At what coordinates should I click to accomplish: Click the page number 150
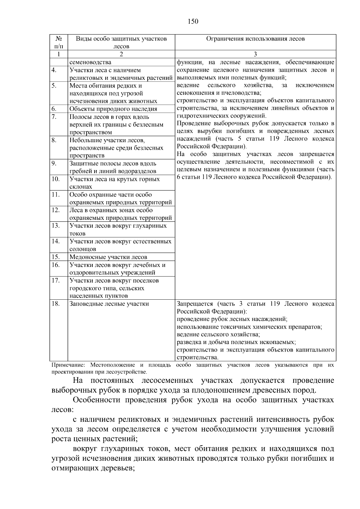pos(193,21)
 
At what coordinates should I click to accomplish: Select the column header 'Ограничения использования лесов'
pos(255,39)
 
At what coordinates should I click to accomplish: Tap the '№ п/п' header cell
pos(59,42)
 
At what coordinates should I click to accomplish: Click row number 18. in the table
pos(56,304)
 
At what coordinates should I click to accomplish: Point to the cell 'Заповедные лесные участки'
pos(109,304)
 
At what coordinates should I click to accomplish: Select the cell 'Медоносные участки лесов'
pos(108,257)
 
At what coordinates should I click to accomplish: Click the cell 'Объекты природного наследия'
pos(113,109)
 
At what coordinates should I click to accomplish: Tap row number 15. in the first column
pos(56,257)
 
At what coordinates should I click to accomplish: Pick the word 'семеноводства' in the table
pos(90,62)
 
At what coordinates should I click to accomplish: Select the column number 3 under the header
pos(255,54)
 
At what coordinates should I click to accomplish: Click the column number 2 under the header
pos(121,54)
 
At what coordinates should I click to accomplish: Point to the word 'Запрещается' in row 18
pos(195,304)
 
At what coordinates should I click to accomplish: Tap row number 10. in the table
pos(56,179)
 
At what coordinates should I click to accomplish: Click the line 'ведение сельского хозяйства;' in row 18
pos(218,334)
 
